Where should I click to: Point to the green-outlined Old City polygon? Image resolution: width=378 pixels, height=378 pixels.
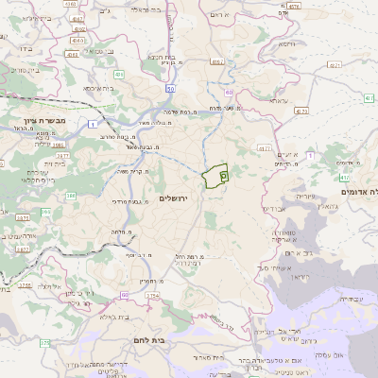[216, 174]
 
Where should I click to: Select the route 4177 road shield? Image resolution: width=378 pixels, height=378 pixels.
[263, 148]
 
